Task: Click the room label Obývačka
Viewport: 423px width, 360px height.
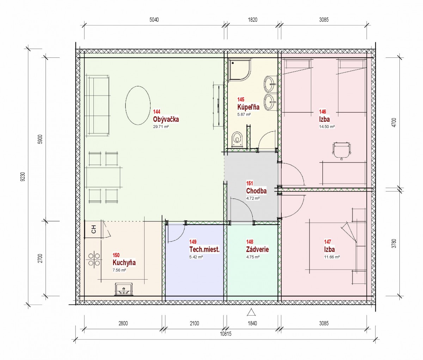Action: click(x=166, y=119)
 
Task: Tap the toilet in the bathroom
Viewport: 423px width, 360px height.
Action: click(x=237, y=139)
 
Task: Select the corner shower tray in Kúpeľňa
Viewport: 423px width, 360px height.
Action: click(x=240, y=70)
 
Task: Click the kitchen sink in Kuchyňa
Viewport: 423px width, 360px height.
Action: click(x=124, y=289)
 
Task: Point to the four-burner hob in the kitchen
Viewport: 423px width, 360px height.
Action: click(x=94, y=259)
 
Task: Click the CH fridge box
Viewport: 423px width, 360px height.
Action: click(x=94, y=229)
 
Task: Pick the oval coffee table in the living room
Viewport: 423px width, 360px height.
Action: click(x=138, y=105)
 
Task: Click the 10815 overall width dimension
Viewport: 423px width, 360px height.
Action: click(x=226, y=334)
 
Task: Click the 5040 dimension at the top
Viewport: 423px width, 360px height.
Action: click(x=154, y=20)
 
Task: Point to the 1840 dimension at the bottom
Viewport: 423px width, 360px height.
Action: click(x=252, y=323)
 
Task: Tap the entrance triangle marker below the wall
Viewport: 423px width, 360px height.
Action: click(x=251, y=312)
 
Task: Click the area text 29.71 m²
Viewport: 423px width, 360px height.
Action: click(x=161, y=127)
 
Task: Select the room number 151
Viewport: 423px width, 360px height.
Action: click(x=250, y=183)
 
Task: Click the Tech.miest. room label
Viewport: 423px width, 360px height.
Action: click(x=204, y=250)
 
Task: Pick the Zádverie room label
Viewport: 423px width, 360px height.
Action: click(x=257, y=249)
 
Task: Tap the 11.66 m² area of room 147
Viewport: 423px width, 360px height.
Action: click(x=332, y=257)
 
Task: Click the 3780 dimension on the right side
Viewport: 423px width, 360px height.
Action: click(x=394, y=244)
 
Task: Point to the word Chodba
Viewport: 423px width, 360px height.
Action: click(x=256, y=191)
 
